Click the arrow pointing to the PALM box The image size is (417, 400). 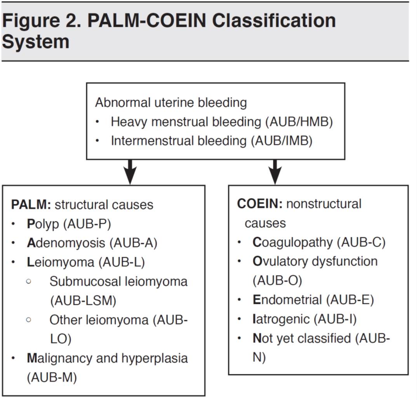(130, 172)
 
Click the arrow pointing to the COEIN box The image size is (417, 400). (275, 172)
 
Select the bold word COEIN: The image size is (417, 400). (260, 204)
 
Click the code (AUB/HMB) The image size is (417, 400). (299, 122)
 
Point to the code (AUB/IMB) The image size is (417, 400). (281, 141)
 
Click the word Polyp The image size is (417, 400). (43, 225)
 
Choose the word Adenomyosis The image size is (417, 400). (66, 243)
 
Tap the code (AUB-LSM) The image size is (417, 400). (83, 301)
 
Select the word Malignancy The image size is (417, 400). (59, 359)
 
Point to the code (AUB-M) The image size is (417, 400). (52, 377)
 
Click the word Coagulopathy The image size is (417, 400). (292, 243)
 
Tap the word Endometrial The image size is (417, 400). (287, 300)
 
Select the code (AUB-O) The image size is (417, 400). (277, 281)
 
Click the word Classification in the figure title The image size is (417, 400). (274, 21)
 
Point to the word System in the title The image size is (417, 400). (36, 42)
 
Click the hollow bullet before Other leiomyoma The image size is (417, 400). (29, 319)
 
